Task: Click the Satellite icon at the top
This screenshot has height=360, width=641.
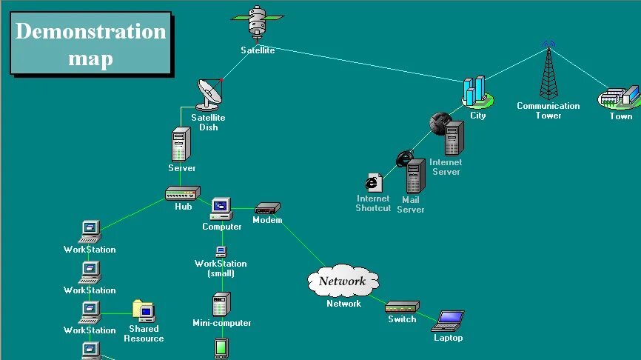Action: tap(258, 24)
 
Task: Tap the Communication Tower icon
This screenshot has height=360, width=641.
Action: tap(548, 71)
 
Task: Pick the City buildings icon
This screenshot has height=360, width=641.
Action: tap(475, 92)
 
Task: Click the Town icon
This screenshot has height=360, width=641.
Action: tap(619, 97)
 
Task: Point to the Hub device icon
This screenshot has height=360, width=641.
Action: tap(182, 193)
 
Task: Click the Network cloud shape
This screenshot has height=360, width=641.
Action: tap(343, 281)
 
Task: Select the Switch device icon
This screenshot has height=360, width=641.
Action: tap(403, 307)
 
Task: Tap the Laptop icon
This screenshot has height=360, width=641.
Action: tap(448, 321)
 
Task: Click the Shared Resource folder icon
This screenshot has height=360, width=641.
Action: tap(143, 310)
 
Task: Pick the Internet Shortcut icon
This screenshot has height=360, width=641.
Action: tap(373, 182)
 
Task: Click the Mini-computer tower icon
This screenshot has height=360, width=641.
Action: tap(221, 304)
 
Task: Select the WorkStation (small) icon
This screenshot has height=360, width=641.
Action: tap(221, 252)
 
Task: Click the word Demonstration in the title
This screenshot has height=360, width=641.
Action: tap(90, 32)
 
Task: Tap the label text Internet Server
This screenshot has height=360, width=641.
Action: tap(446, 167)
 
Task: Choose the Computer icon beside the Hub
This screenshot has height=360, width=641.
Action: tap(221, 209)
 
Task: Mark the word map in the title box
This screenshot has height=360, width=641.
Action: tap(90, 59)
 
